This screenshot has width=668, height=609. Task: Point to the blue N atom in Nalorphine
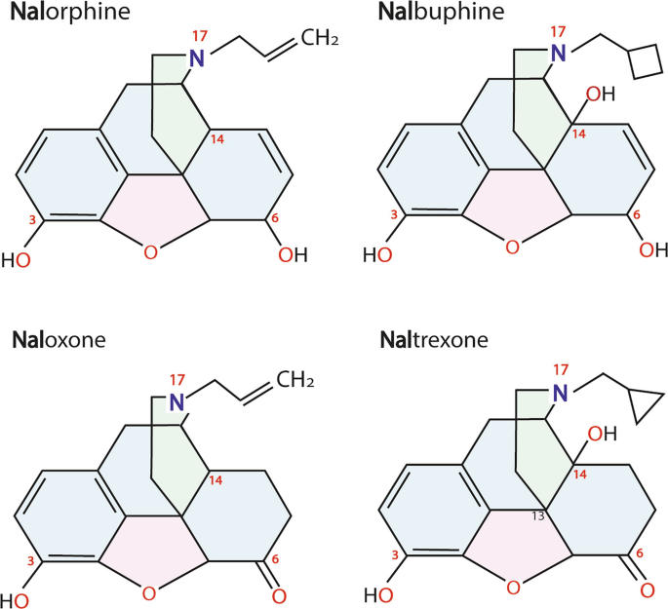[197, 57]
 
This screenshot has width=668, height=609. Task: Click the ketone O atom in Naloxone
[279, 596]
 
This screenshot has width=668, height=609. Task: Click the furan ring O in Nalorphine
[149, 253]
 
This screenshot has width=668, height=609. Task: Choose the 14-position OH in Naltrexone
[602, 433]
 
